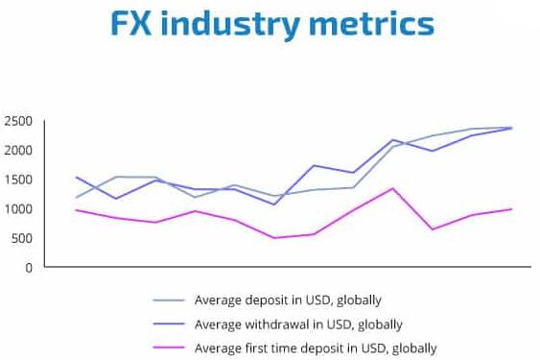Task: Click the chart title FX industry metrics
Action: (x=270, y=25)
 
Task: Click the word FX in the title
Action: (x=130, y=25)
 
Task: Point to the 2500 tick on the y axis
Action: (x=18, y=121)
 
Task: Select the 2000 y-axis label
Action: (x=18, y=151)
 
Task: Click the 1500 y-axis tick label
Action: (x=18, y=180)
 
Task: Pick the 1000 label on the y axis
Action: (x=18, y=209)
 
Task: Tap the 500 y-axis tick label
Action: (x=21, y=238)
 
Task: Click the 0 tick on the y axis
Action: (x=29, y=268)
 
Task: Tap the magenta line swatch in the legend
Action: (x=167, y=348)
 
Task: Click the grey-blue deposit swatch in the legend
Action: (x=167, y=300)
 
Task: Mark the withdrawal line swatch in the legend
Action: (x=167, y=324)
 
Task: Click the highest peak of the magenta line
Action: (x=392, y=188)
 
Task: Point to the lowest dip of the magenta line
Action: (x=274, y=238)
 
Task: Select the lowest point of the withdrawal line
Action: (x=274, y=204)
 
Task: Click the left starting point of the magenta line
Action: (x=76, y=210)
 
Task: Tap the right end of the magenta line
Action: (x=511, y=209)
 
